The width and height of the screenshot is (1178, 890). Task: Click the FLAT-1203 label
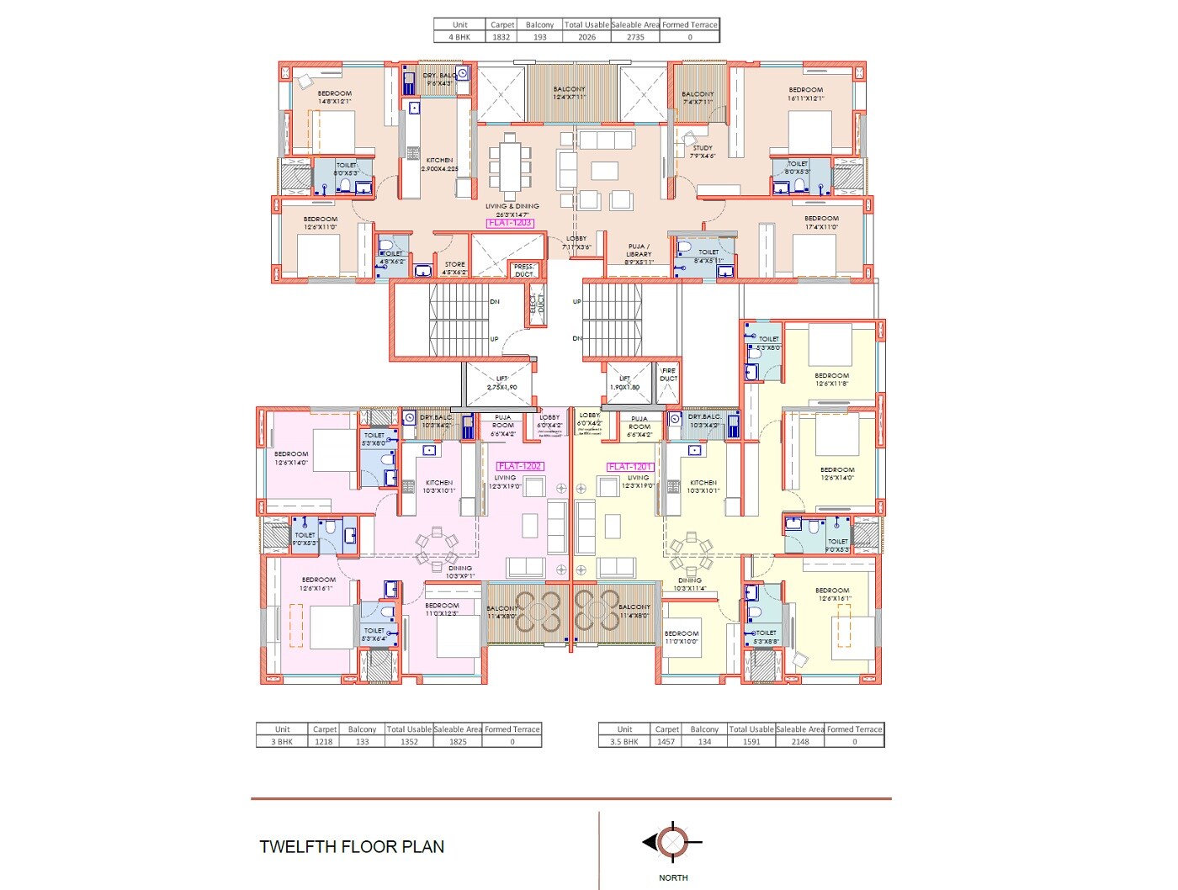tap(510, 223)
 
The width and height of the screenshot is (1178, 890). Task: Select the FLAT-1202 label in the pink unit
tap(520, 466)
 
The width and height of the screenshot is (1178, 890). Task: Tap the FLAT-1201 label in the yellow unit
tap(630, 467)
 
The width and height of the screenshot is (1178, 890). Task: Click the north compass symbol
tap(672, 841)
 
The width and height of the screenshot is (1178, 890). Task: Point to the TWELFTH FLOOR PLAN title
tap(352, 847)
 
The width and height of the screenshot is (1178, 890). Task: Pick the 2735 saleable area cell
tap(635, 37)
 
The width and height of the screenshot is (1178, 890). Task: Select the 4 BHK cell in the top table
tap(459, 37)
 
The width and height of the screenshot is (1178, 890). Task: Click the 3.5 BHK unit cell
tap(624, 742)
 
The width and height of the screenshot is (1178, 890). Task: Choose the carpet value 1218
tap(323, 742)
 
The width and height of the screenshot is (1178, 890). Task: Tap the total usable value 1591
tap(751, 742)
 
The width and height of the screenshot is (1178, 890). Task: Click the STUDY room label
tap(703, 151)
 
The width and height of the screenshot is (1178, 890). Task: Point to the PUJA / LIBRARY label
tap(639, 254)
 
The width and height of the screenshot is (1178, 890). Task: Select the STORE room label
tap(454, 268)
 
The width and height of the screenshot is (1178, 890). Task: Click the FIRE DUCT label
tap(668, 374)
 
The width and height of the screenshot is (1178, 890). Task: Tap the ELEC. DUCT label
tap(536, 309)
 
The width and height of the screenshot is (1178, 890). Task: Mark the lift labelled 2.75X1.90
tap(501, 384)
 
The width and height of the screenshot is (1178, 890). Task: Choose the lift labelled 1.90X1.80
tap(624, 384)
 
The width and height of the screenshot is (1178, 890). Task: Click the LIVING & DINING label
tap(512, 209)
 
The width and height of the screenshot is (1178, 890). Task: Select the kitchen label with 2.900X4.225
tap(439, 164)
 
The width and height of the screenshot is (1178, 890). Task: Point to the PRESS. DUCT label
tap(524, 270)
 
